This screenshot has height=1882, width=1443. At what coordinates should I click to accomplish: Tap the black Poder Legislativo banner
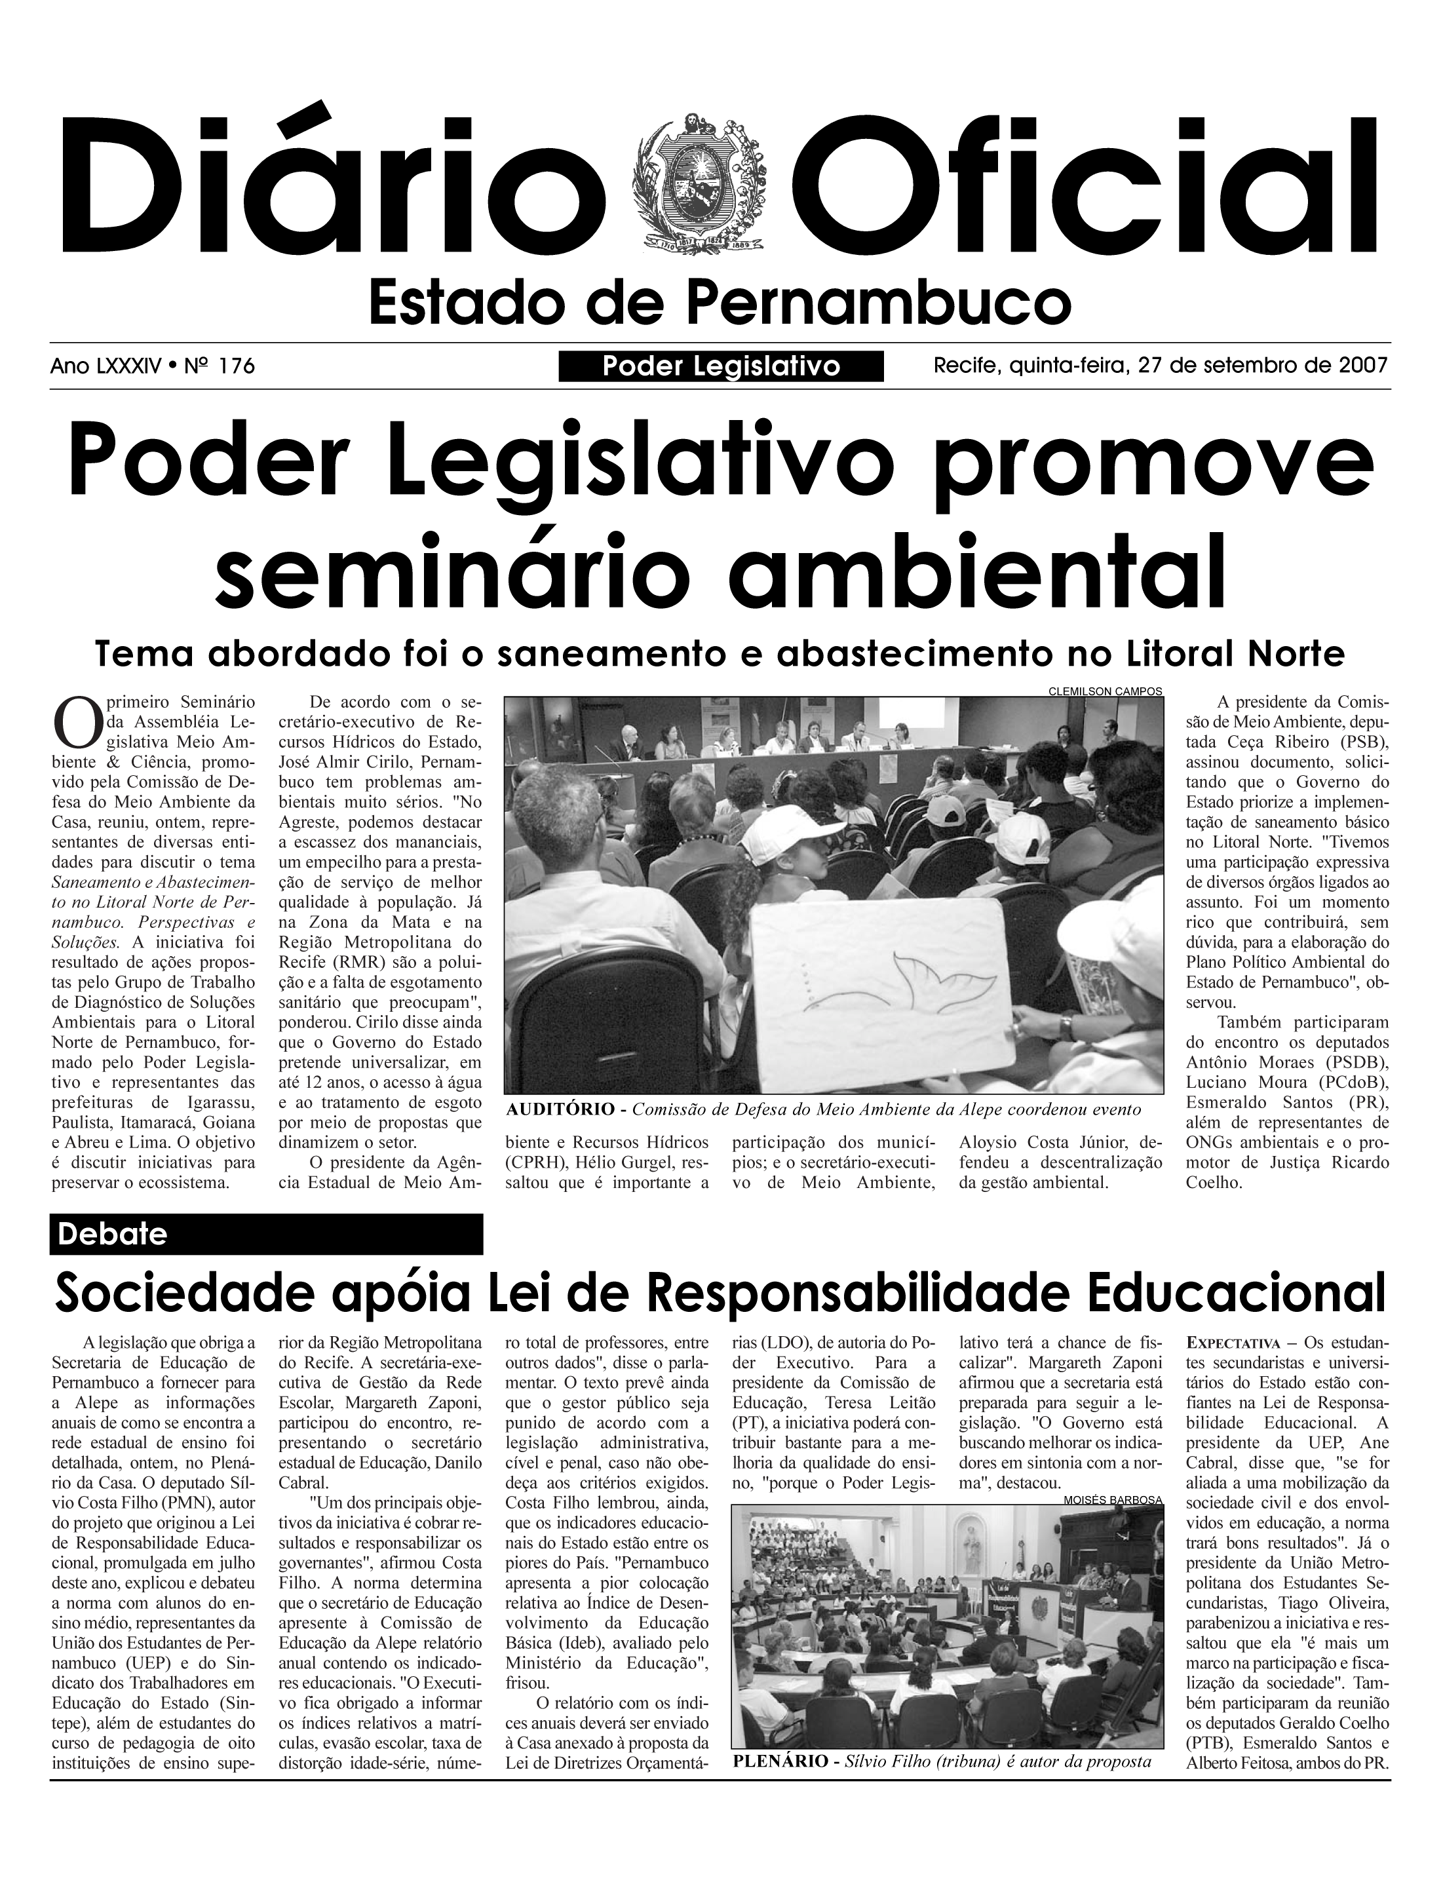tap(721, 367)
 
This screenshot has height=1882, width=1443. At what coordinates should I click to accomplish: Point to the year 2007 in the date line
tap(1362, 366)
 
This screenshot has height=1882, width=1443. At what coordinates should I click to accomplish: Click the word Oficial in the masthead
tap(1091, 187)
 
